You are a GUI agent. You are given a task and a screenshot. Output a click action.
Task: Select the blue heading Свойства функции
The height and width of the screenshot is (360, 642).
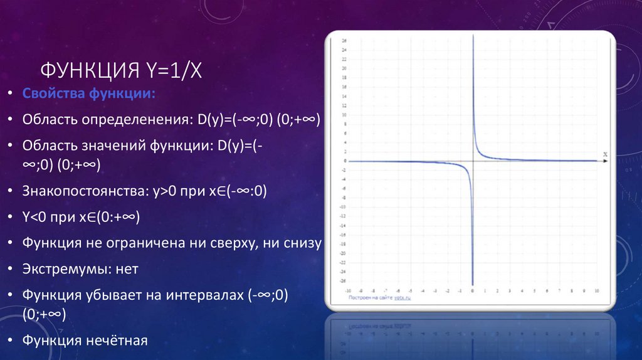click(90, 93)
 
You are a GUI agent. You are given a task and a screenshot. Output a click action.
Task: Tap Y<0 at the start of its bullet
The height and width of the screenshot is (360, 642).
click(33, 218)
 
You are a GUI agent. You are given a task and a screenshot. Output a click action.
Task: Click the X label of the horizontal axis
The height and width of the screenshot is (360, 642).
click(605, 154)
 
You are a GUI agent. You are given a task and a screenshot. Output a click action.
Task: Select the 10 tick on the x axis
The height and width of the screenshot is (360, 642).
click(596, 292)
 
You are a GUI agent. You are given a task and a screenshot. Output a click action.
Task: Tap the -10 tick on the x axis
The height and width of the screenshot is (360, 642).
click(349, 292)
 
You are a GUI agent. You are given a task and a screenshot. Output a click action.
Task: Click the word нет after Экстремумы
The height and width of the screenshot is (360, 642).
click(126, 269)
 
